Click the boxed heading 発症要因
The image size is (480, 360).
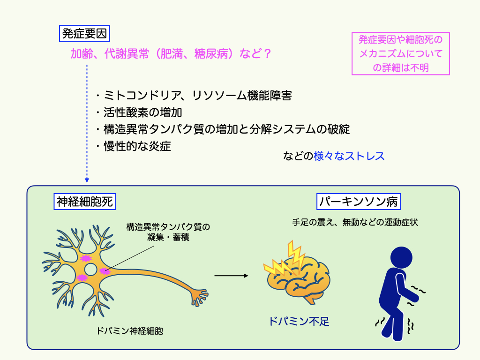pos(85,34)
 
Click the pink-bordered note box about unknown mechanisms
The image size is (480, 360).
pos(400,53)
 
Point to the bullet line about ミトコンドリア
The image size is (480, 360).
pos(193,96)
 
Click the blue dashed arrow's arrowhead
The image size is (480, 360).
pos(87,180)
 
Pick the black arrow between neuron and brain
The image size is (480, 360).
pos(231,275)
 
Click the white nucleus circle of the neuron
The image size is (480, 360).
pos(91,270)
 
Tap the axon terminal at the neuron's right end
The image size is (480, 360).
pos(199,296)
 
